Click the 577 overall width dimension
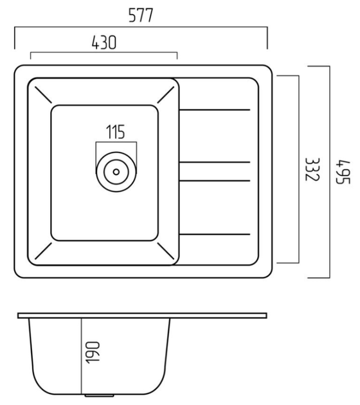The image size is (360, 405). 141,15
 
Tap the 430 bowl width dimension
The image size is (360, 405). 104,42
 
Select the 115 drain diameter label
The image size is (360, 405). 116,132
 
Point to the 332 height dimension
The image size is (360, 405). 312,170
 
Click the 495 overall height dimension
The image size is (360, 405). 343,172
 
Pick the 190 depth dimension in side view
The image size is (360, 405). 93,353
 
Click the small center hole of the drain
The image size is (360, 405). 116,172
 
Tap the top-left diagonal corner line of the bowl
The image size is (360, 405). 43,94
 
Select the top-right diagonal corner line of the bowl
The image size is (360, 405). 166,94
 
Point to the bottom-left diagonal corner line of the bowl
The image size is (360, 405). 43,251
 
